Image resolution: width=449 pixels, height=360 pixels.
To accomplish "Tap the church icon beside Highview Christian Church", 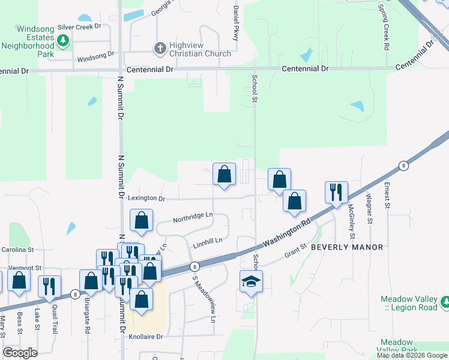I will pos(160,47).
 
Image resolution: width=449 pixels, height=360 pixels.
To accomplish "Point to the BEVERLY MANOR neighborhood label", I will pos(347,247).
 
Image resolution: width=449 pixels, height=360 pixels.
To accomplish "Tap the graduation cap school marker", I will pos(251,281).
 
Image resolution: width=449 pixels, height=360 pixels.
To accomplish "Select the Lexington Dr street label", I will pos(145,198).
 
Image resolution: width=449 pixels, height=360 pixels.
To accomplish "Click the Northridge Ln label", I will pos(193,215).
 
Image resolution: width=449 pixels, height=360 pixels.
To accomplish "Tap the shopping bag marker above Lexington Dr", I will pos(224,175).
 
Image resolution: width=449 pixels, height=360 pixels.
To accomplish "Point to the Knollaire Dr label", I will pos(146,337).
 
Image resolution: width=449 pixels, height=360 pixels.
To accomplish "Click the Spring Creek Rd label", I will pos(382,28).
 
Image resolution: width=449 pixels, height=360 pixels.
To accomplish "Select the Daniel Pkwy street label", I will pos(237,23).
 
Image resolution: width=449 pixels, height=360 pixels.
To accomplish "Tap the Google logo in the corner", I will pos(20,353).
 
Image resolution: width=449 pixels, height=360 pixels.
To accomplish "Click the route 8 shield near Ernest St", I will pos(404,166).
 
